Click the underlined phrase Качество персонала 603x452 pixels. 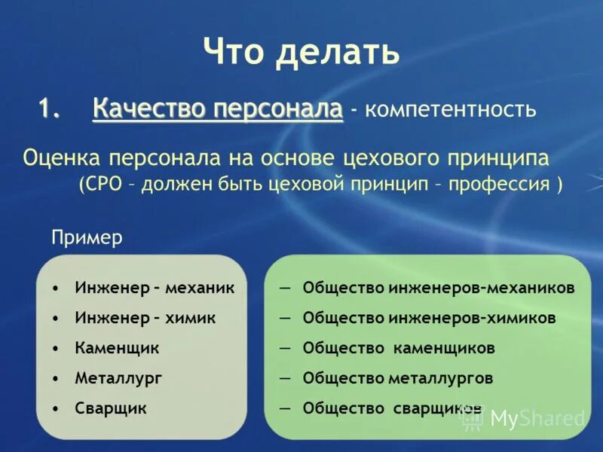click(x=218, y=109)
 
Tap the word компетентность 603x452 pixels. click(x=451, y=111)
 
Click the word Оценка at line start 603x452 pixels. click(x=63, y=160)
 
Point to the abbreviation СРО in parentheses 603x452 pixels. click(x=102, y=185)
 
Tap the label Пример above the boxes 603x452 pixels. click(x=87, y=238)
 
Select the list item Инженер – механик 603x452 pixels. click(x=155, y=288)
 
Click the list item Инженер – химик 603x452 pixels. click(x=145, y=318)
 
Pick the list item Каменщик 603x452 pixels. click(x=117, y=348)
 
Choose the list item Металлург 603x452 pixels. click(x=118, y=378)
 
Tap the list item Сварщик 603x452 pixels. click(x=111, y=408)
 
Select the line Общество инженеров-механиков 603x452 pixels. click(x=439, y=288)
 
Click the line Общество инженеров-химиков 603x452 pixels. click(x=430, y=318)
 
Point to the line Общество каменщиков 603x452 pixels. click(x=399, y=348)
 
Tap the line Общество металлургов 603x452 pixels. click(x=398, y=378)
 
